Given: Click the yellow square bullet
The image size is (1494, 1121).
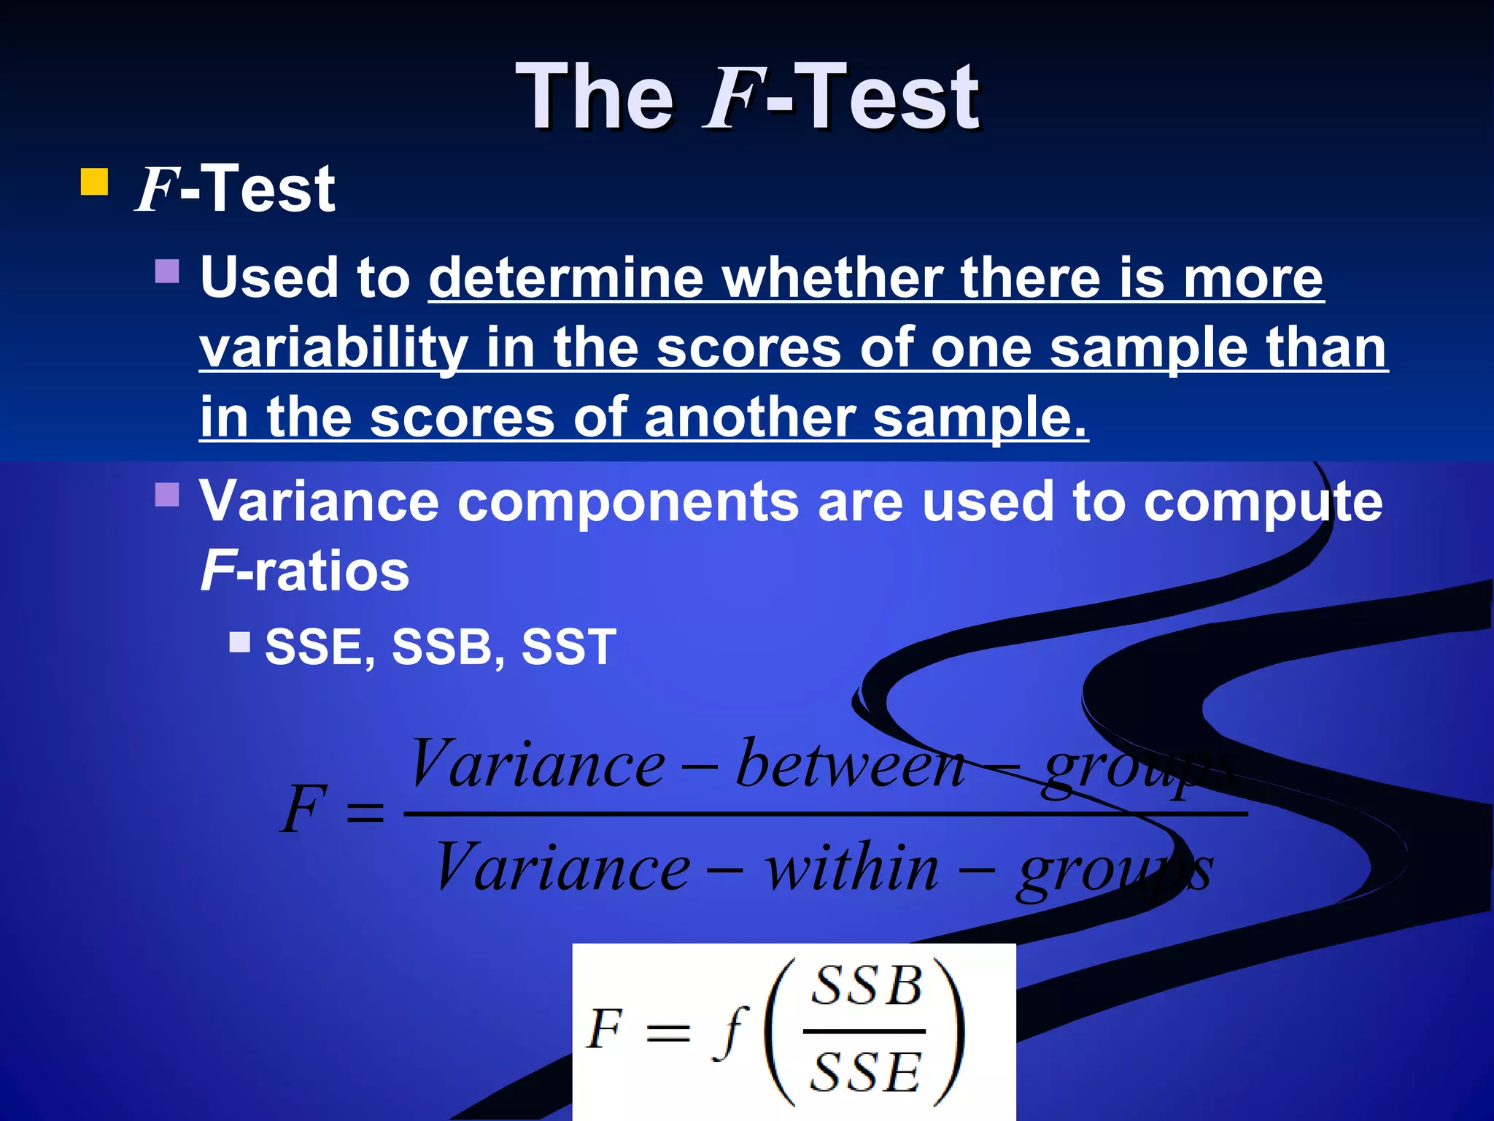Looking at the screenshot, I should tap(94, 182).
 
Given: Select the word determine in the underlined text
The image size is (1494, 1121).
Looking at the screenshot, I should tap(565, 278).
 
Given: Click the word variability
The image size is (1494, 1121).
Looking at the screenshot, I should tap(333, 347).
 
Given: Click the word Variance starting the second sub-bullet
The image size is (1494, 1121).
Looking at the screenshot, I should tap(320, 501).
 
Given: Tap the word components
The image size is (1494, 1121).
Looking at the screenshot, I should tap(628, 501).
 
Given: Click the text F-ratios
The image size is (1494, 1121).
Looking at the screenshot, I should tap(304, 571).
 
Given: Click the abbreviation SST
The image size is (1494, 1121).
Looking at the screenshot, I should tap(568, 647).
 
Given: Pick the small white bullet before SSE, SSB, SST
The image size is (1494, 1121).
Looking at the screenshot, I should tap(239, 642).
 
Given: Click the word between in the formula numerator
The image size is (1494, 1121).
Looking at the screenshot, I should tap(851, 764).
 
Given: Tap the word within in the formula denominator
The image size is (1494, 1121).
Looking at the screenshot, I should tap(851, 868).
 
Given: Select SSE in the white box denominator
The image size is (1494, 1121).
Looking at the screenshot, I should tap(865, 1072).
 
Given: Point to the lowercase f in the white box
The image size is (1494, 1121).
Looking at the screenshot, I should tap(730, 1031).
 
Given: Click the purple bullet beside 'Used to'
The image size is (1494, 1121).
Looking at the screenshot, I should tap(167, 271).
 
